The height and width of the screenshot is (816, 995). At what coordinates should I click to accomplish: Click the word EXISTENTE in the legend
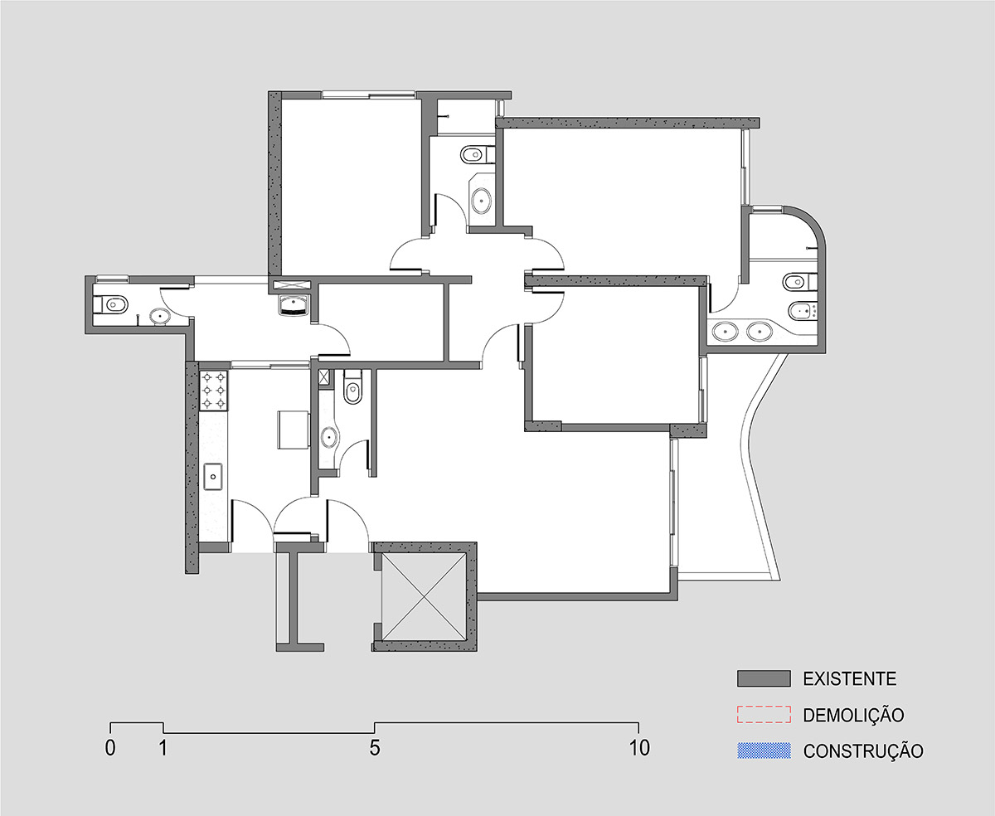coord(849,678)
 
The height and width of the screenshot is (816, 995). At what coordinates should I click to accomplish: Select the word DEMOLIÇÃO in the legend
coord(853,715)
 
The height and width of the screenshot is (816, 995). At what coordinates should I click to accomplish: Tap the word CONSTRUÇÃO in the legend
coord(863,750)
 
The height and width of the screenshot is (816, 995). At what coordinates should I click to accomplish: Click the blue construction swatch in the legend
coord(764,750)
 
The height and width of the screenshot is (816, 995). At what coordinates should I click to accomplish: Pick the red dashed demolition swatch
coord(764,715)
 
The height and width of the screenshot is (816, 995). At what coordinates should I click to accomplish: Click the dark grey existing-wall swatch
coord(764,678)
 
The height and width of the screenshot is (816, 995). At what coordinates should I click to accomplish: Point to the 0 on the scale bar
coord(110,748)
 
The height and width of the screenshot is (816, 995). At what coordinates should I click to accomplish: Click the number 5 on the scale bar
coord(375,748)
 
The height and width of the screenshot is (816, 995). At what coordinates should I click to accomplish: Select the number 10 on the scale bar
coord(639,748)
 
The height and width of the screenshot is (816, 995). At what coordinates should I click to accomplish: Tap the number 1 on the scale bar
coord(163,748)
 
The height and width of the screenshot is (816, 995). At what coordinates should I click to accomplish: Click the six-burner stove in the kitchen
coord(214,391)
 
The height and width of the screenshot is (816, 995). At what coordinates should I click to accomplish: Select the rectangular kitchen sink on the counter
coord(213,476)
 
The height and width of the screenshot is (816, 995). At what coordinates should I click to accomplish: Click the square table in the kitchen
coord(294,430)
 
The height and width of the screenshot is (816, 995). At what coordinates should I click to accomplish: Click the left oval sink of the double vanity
coord(726,332)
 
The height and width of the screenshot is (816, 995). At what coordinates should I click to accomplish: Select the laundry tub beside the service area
coord(294,304)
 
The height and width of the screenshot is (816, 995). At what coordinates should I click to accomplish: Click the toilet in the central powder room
coord(352,387)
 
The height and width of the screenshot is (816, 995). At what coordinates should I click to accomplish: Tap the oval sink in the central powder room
coord(329,437)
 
